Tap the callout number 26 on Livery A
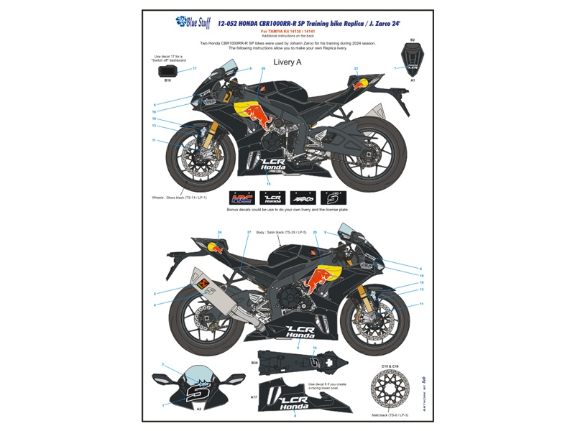(x=263, y=68)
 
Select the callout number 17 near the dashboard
(x=194, y=68)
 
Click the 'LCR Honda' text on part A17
(x=295, y=403)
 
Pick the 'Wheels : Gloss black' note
(x=179, y=197)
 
